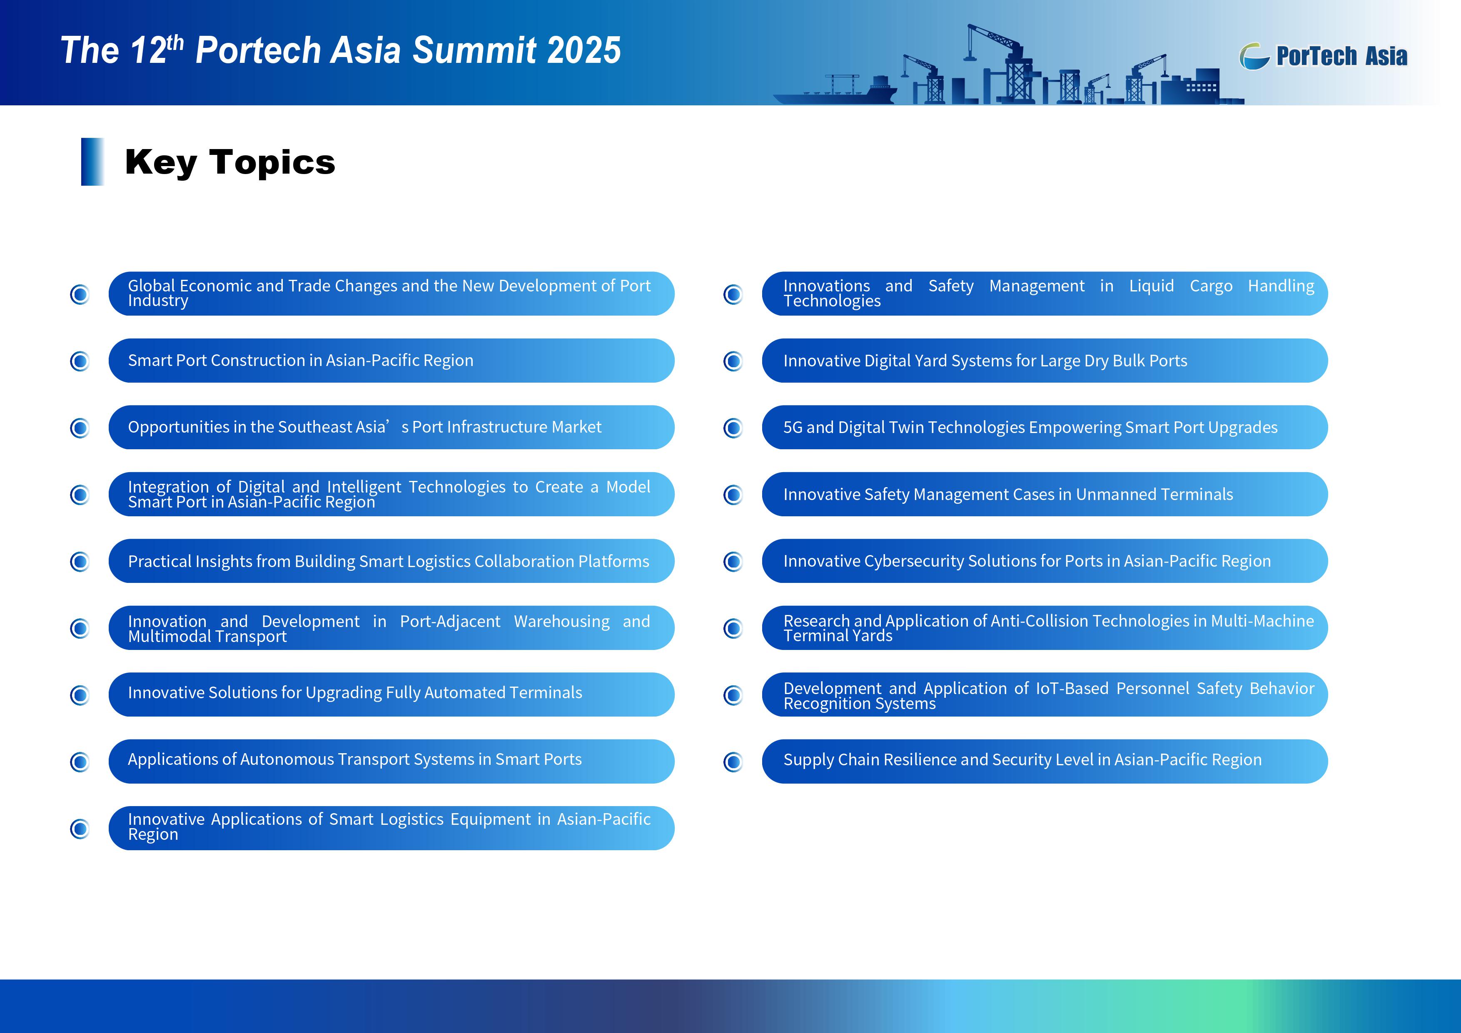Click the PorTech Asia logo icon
pyautogui.click(x=1254, y=56)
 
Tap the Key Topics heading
pyautogui.click(x=230, y=162)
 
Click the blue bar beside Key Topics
pyautogui.click(x=92, y=162)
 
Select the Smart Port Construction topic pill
pyautogui.click(x=391, y=361)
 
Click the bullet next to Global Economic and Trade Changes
pyautogui.click(x=80, y=294)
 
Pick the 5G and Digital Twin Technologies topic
pyautogui.click(x=1045, y=428)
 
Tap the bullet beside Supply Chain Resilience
pyautogui.click(x=733, y=762)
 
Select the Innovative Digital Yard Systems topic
pyautogui.click(x=1045, y=361)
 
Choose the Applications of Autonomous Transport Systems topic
pyautogui.click(x=391, y=762)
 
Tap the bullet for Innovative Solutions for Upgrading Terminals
pyautogui.click(x=80, y=695)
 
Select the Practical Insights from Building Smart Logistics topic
pyautogui.click(x=391, y=561)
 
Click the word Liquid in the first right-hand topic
pyautogui.click(x=1151, y=286)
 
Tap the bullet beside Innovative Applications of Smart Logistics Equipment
pyautogui.click(x=80, y=829)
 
